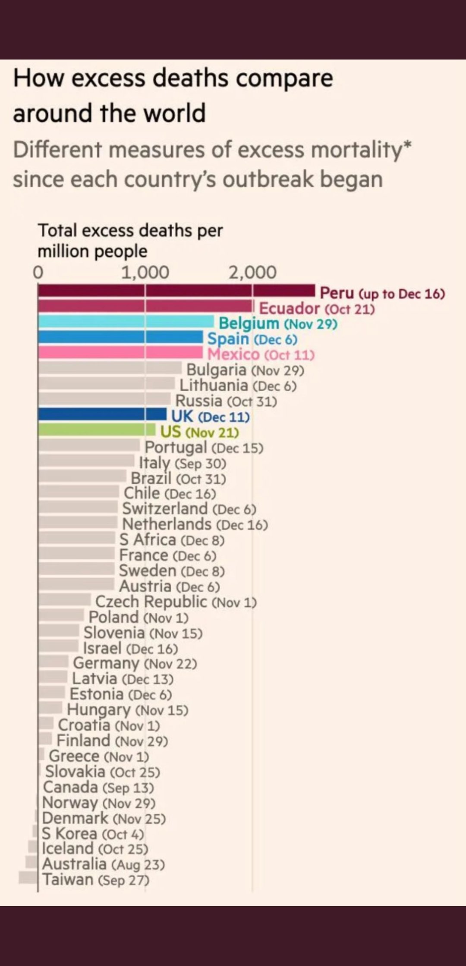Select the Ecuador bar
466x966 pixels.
145,306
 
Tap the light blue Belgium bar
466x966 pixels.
126,322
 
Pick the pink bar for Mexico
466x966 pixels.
120,353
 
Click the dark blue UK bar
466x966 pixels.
102,415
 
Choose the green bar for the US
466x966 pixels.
97,430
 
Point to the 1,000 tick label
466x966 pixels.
145,273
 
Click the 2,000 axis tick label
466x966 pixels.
252,273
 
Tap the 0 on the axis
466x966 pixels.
38,273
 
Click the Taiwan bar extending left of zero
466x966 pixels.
28,877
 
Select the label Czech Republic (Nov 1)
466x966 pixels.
176,602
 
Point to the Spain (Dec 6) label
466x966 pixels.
252,339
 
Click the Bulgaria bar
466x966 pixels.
110,368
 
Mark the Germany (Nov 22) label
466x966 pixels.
135,664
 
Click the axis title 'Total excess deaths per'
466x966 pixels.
130,230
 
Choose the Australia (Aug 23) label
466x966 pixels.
103,864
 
